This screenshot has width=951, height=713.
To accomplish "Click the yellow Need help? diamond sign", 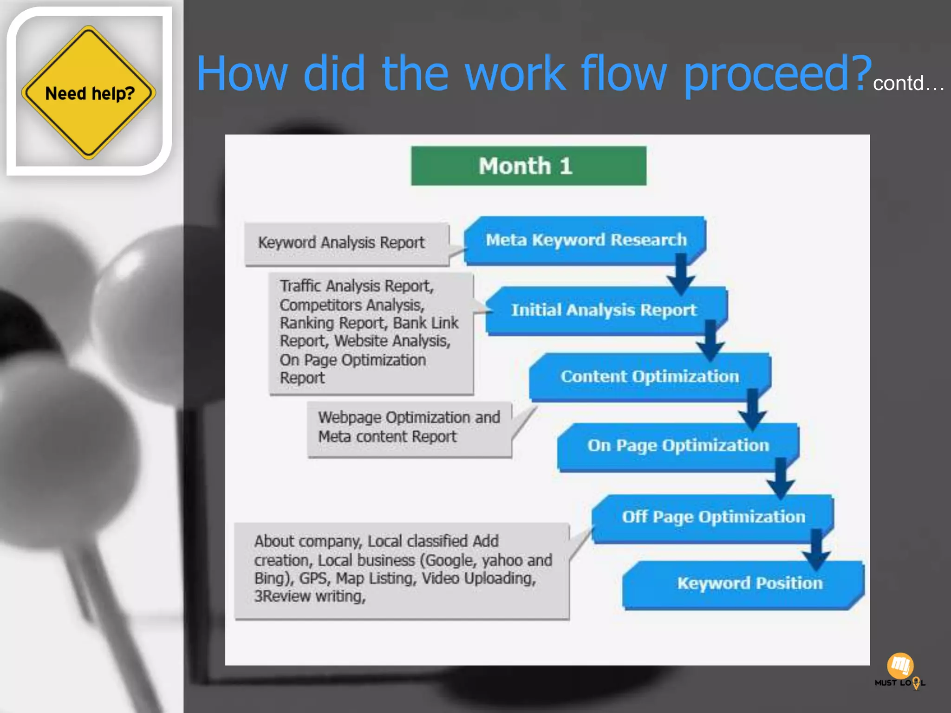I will coord(88,93).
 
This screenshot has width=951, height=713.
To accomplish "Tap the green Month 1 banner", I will coord(528,166).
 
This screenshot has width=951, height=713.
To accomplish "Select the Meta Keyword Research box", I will coord(586,240).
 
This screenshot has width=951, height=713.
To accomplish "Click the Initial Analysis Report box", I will coord(604,310).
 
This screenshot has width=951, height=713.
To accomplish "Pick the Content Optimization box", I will coord(649,376).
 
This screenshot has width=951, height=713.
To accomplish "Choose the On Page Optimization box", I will coord(677,446).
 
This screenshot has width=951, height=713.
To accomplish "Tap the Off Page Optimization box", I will coord(713,517).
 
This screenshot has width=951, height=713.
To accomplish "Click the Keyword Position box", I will coord(749,583).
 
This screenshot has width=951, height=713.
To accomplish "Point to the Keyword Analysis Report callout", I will coord(341,243).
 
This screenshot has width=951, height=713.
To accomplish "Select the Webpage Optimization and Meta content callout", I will coord(409,428).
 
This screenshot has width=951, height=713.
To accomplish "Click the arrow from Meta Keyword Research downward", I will coord(681,273).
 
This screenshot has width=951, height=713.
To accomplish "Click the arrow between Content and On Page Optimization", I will coord(752,409).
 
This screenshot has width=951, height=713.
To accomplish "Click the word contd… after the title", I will coord(908,84).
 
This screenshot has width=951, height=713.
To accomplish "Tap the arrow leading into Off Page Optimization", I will coord(781,478).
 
